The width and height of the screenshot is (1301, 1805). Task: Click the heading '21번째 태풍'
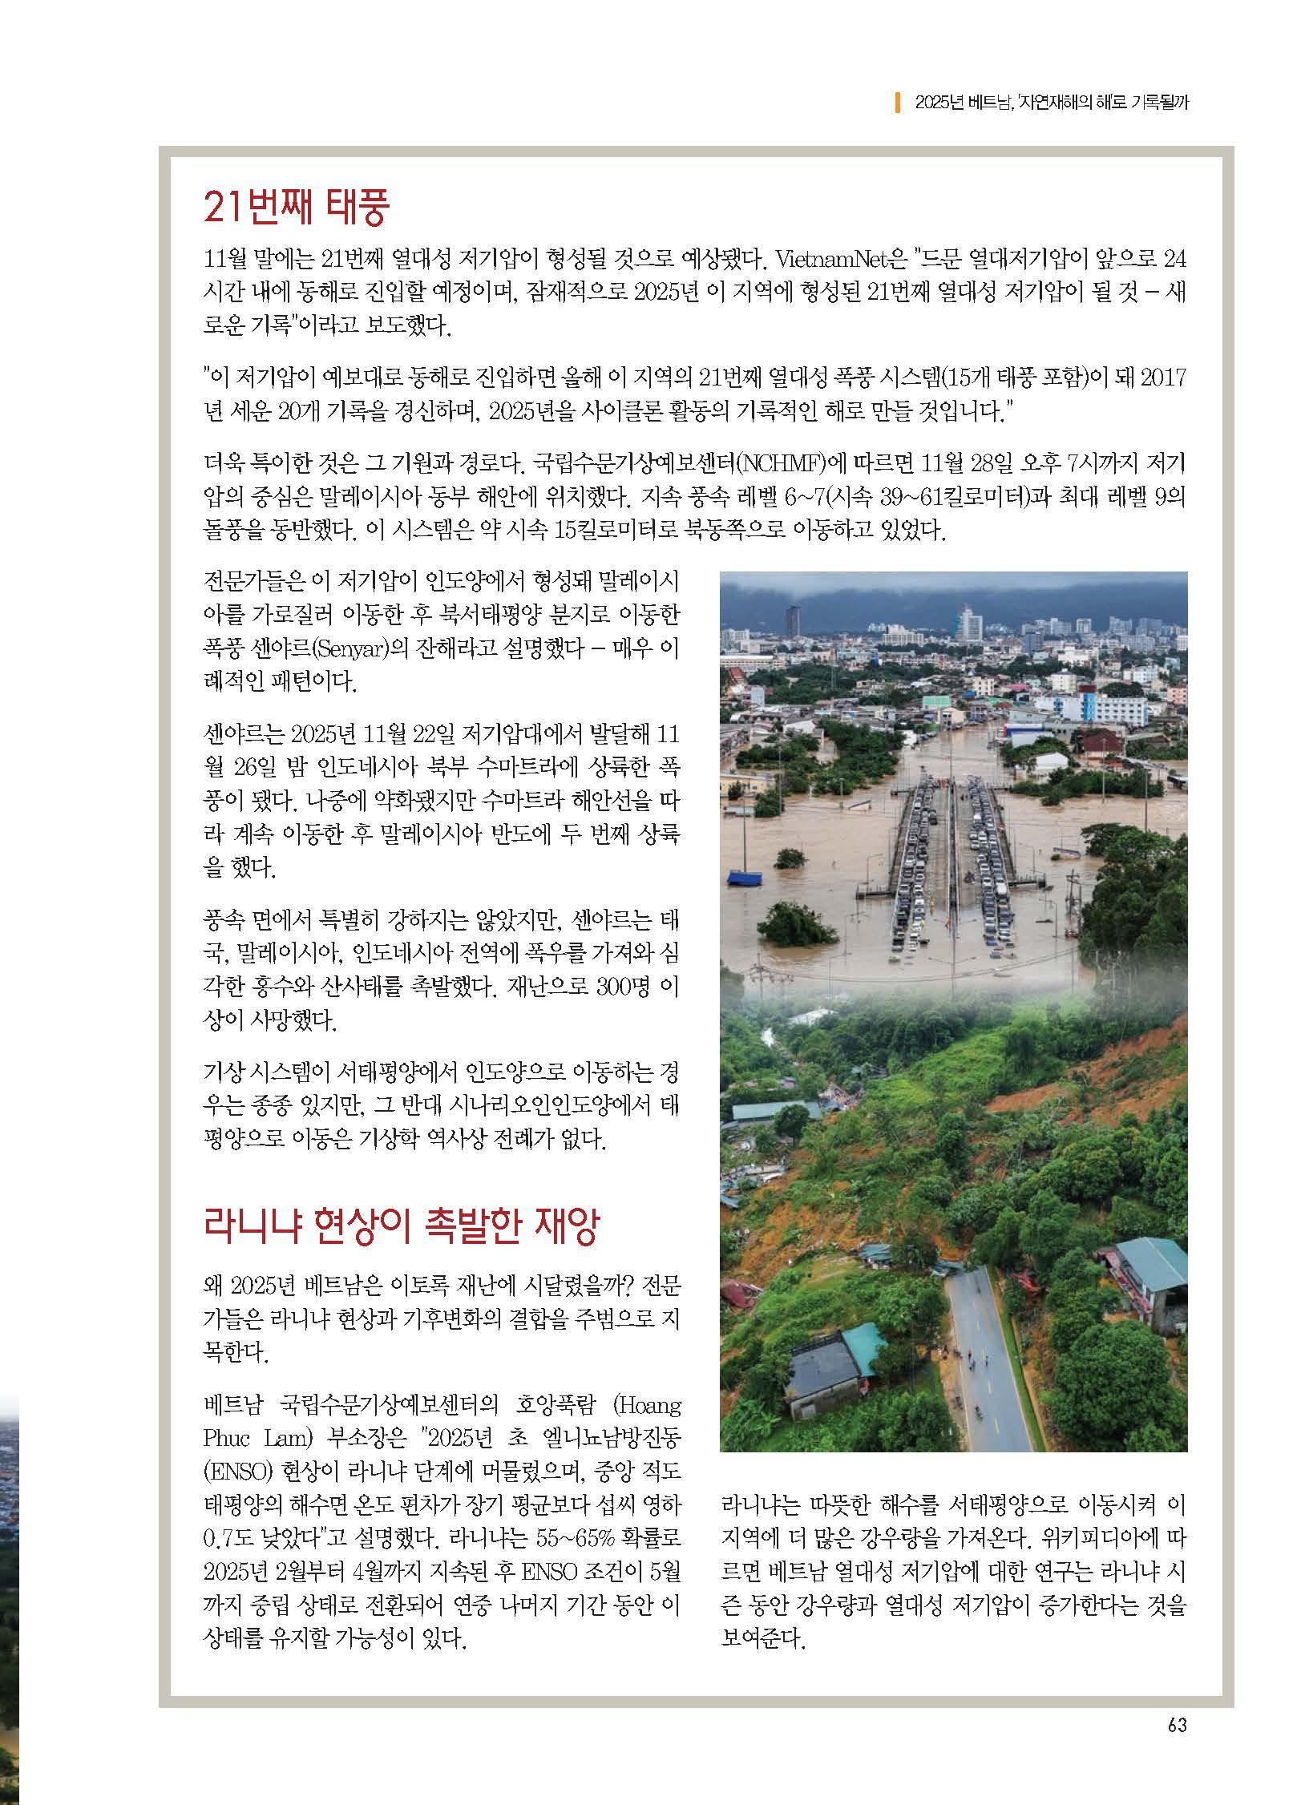(297, 208)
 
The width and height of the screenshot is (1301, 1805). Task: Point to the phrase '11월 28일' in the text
(971, 464)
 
